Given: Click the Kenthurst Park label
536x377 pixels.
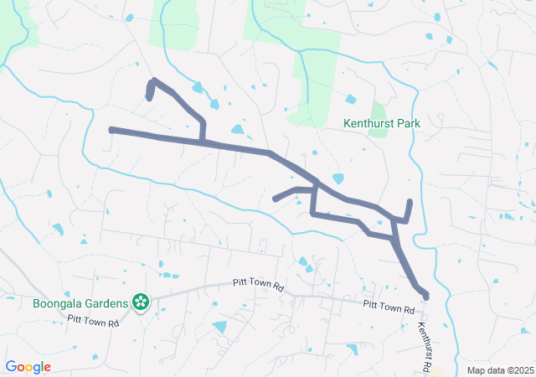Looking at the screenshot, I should tap(381, 123).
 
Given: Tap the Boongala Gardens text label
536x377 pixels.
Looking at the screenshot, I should tap(80, 302).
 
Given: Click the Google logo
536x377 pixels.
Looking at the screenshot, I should tap(28, 367).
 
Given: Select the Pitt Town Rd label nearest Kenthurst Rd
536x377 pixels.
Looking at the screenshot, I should tap(389, 307).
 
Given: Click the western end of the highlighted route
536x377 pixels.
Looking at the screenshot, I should tap(111, 130).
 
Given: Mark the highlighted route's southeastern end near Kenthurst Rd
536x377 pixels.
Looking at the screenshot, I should tap(425, 297).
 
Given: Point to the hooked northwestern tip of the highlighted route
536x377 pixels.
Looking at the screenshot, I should tap(149, 98).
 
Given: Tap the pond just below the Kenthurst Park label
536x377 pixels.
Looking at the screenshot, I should tap(338, 178).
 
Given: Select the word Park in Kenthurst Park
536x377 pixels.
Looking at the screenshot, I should tap(406, 123).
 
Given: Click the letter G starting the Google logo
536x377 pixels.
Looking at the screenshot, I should tap(12, 367).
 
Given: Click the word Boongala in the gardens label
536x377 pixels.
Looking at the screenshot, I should tap(57, 302).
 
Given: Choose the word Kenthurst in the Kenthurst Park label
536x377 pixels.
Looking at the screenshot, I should tap(368, 123).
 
